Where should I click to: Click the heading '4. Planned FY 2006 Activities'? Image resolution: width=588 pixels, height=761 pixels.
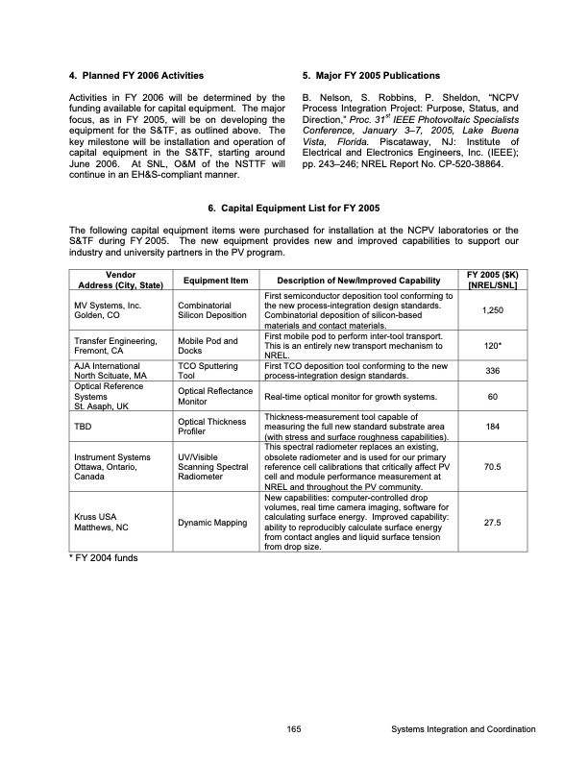pos(135,75)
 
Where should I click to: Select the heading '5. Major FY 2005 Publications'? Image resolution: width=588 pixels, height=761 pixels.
pos(371,75)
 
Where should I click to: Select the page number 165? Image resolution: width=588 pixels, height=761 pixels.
pos(294,729)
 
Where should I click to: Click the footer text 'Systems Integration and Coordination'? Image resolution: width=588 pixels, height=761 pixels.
pos(464,729)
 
